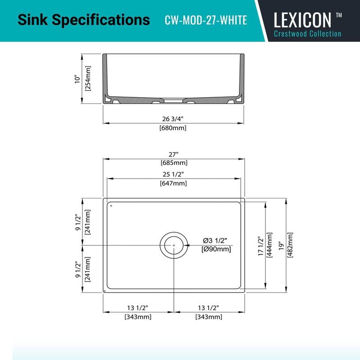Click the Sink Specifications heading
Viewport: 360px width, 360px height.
coord(83,20)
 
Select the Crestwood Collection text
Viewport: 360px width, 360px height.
coord(308,34)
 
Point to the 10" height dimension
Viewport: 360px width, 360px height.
coord(77,79)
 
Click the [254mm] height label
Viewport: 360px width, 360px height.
coord(88,79)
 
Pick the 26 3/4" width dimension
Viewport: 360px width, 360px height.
coord(173,119)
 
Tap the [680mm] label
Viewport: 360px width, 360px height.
coord(173,128)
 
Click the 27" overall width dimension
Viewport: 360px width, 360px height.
coord(174,154)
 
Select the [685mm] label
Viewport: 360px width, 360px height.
coord(174,162)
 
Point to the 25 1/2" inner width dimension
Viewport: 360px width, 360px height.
coord(173,174)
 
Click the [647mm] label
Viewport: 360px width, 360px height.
coord(173,183)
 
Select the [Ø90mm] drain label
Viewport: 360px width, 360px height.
coord(217,249)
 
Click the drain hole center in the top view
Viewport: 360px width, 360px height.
coord(173,245)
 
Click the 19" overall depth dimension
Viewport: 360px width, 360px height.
coord(281,245)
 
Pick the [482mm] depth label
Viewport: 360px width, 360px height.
coord(291,245)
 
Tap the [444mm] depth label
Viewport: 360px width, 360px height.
coord(270,245)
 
